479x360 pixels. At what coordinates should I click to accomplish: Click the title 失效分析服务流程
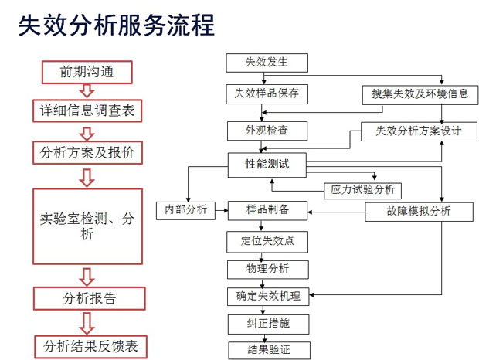click(117, 25)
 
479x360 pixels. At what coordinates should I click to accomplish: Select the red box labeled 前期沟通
click(87, 72)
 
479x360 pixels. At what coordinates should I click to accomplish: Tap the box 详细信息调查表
click(87, 110)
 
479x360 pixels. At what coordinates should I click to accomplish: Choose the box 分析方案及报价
click(87, 152)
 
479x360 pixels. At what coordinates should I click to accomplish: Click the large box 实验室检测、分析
click(87, 226)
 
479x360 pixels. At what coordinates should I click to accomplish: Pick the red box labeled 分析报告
click(89, 298)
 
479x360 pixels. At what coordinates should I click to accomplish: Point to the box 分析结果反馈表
click(90, 347)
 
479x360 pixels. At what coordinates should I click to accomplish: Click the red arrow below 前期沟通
click(87, 91)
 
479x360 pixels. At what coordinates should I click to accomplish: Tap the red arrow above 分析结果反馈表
click(87, 323)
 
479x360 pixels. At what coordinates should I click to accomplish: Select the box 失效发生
click(267, 63)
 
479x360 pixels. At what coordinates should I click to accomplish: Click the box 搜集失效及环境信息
click(420, 95)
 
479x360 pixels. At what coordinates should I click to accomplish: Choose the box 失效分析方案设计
click(419, 131)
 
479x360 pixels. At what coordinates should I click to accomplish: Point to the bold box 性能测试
click(267, 165)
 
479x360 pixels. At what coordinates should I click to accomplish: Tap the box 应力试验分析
click(362, 191)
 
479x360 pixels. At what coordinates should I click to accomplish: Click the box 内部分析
click(185, 210)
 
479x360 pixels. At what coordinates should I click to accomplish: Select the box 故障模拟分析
click(419, 212)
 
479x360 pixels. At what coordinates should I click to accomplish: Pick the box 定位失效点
click(267, 242)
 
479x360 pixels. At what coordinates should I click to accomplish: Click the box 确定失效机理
click(268, 296)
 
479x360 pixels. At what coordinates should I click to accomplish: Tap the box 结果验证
click(269, 350)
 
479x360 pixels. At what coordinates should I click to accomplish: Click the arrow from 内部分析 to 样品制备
click(222, 210)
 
